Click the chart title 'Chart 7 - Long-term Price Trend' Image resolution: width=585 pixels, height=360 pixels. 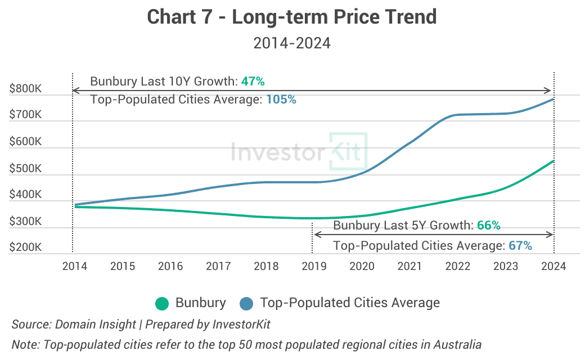pyautogui.click(x=292, y=17)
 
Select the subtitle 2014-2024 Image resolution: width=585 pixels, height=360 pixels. pyautogui.click(x=292, y=43)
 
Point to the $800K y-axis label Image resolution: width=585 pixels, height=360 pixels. pyautogui.click(x=25, y=89)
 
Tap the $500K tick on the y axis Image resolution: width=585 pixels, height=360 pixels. pyautogui.click(x=25, y=168)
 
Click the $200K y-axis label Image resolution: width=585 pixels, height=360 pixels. pyautogui.click(x=25, y=247)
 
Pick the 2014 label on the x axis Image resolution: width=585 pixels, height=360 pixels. pyautogui.click(x=74, y=266)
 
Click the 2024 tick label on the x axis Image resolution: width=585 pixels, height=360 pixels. pyautogui.click(x=554, y=266)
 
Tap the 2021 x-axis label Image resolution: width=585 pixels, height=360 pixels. pyautogui.click(x=410, y=266)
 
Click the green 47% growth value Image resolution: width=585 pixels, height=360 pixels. pyautogui.click(x=253, y=82)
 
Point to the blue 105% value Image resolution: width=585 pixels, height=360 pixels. pyautogui.click(x=281, y=100)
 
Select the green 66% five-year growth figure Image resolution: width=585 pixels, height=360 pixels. pyautogui.click(x=488, y=226)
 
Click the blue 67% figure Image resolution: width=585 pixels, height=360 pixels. pyautogui.click(x=520, y=246)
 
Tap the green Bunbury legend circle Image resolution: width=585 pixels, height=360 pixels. pyautogui.click(x=163, y=303)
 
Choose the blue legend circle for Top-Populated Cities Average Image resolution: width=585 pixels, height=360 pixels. pyautogui.click(x=246, y=303)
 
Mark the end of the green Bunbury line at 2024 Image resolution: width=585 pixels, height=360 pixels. pyautogui.click(x=553, y=161)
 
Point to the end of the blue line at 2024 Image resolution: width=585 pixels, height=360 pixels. pyautogui.click(x=553, y=100)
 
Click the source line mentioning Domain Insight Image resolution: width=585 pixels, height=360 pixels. pyautogui.click(x=141, y=325)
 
